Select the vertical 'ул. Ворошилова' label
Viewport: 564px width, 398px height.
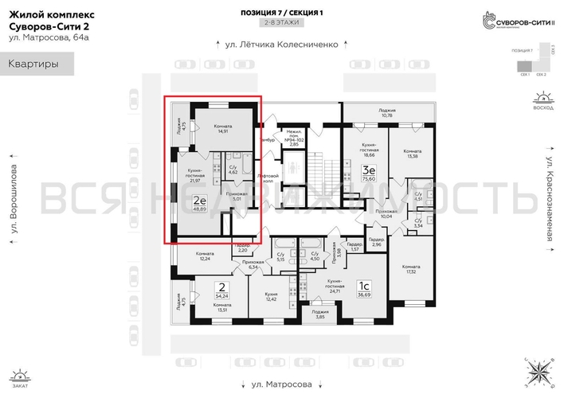click(x=13, y=204)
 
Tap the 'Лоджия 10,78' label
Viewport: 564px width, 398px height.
click(x=387, y=113)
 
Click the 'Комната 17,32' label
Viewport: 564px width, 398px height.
click(x=411, y=268)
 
